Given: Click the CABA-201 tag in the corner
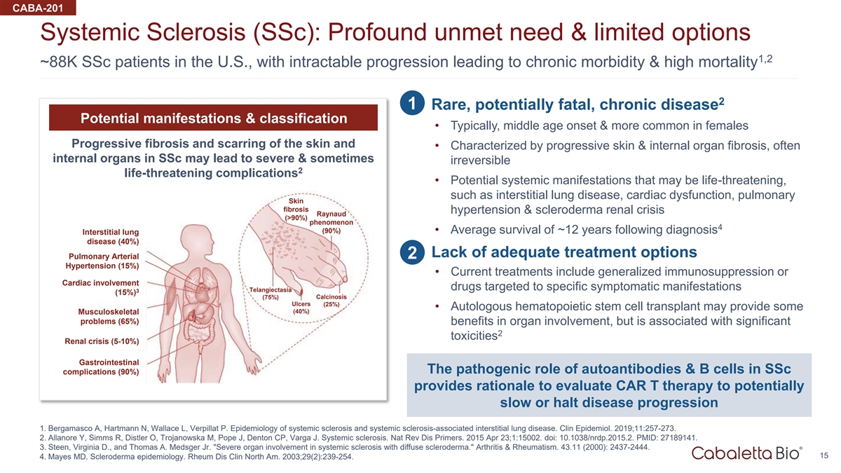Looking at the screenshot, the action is tap(38, 8).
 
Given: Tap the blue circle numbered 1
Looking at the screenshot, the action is tap(412, 103).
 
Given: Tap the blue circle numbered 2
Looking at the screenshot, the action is tap(412, 252).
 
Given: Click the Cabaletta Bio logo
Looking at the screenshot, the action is tap(747, 453).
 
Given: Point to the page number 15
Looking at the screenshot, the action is tap(823, 455).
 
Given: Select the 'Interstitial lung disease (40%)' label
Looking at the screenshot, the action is tap(111, 237).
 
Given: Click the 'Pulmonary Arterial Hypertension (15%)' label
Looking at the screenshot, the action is tap(102, 261).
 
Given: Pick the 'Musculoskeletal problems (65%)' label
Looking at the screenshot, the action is tap(108, 317).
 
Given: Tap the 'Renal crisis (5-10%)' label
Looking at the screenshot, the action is tap(102, 341).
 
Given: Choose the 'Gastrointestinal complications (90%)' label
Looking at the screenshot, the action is tap(101, 367).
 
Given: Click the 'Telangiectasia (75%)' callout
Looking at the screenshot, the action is tap(271, 294).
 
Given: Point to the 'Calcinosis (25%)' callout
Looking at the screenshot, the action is tap(331, 301).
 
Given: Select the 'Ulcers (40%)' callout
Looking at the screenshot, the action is tap(301, 308).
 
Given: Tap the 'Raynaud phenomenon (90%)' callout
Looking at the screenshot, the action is tap(331, 222).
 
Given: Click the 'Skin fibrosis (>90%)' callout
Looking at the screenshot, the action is tap(296, 210).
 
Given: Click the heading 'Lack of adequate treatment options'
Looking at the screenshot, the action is tap(564, 252).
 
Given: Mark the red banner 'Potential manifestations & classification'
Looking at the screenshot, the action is tap(213, 118).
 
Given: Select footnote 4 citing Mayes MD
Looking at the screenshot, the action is tap(196, 457).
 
